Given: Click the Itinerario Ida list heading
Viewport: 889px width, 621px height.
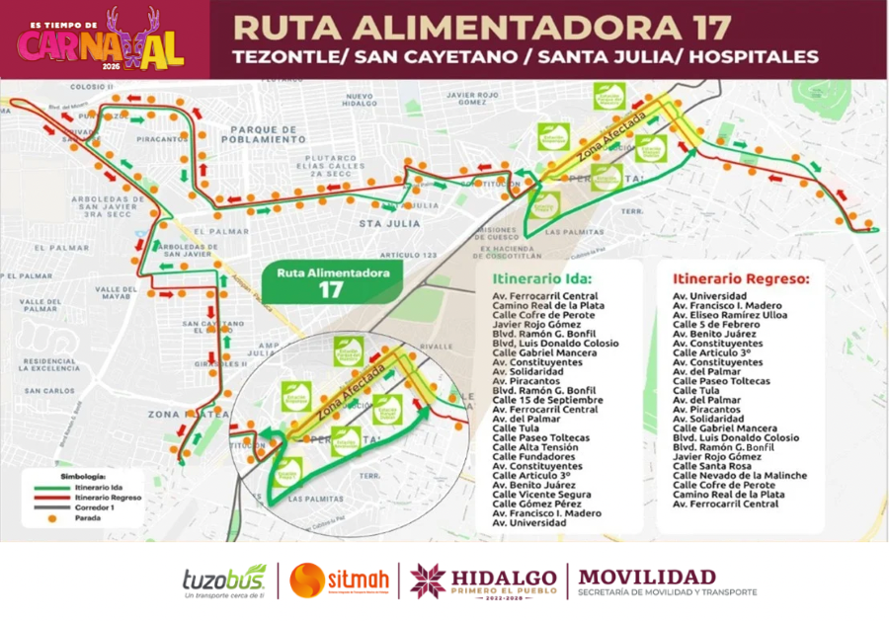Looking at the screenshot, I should click(542, 278).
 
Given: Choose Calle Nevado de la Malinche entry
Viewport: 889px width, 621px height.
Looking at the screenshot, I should click(739, 475).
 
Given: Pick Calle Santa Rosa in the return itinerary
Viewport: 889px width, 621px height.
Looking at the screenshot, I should click(707, 466).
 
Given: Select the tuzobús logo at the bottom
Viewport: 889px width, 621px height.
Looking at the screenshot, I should click(223, 582).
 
